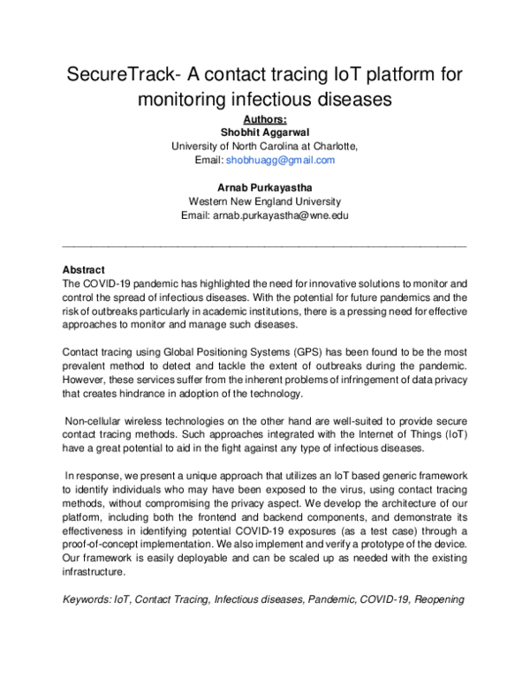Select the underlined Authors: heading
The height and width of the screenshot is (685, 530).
pyautogui.click(x=265, y=119)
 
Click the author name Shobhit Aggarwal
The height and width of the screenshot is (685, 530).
pyautogui.click(x=265, y=132)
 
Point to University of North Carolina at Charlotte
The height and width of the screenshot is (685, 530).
pyautogui.click(x=265, y=147)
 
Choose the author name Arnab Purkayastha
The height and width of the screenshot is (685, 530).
pyautogui.click(x=265, y=187)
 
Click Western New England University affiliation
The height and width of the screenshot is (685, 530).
pyautogui.click(x=265, y=201)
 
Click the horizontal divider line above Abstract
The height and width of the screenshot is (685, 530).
pyautogui.click(x=265, y=245)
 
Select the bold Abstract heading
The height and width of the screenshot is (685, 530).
pyautogui.click(x=84, y=269)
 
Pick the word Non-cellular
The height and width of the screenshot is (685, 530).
pyautogui.click(x=98, y=422)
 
